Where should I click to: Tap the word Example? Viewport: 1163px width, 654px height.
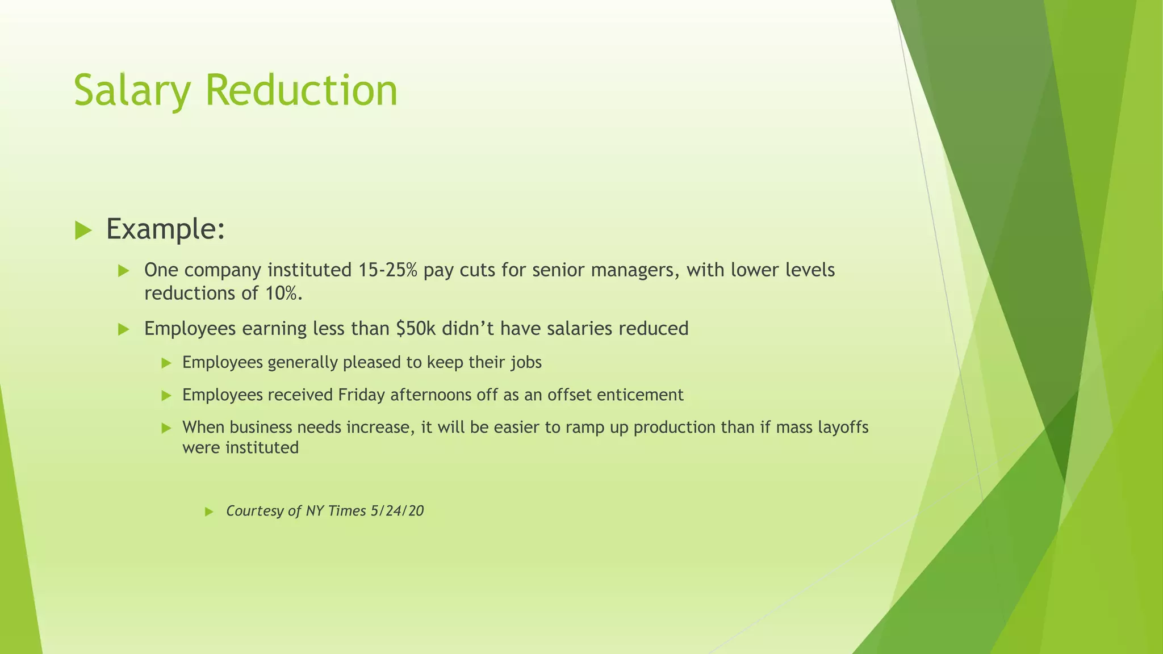pos(166,229)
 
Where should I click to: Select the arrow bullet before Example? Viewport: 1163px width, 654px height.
pos(83,230)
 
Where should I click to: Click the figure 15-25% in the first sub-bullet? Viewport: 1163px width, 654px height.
pos(387,270)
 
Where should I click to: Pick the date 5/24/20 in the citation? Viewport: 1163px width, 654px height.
pos(397,511)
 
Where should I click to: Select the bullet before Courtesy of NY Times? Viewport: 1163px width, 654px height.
pos(208,512)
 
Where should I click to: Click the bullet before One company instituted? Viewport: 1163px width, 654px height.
pos(124,271)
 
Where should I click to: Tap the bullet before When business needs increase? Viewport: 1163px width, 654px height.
pos(166,428)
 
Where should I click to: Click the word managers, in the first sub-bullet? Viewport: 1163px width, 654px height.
pos(635,270)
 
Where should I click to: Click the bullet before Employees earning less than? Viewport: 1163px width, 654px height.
pos(124,330)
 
